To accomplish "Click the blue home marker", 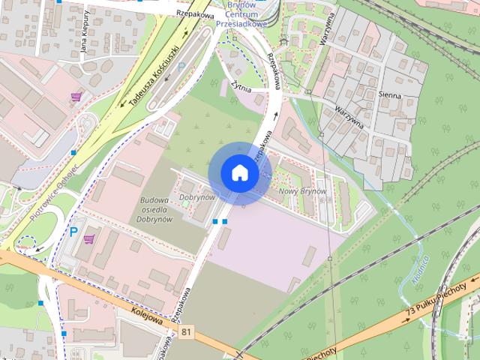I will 240,173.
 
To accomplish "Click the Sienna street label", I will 390,96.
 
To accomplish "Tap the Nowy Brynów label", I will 302,191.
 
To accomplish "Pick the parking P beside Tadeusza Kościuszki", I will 180,67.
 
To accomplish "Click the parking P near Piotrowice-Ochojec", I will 73,232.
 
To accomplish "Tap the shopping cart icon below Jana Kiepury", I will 76,96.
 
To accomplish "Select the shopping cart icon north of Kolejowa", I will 90,239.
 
